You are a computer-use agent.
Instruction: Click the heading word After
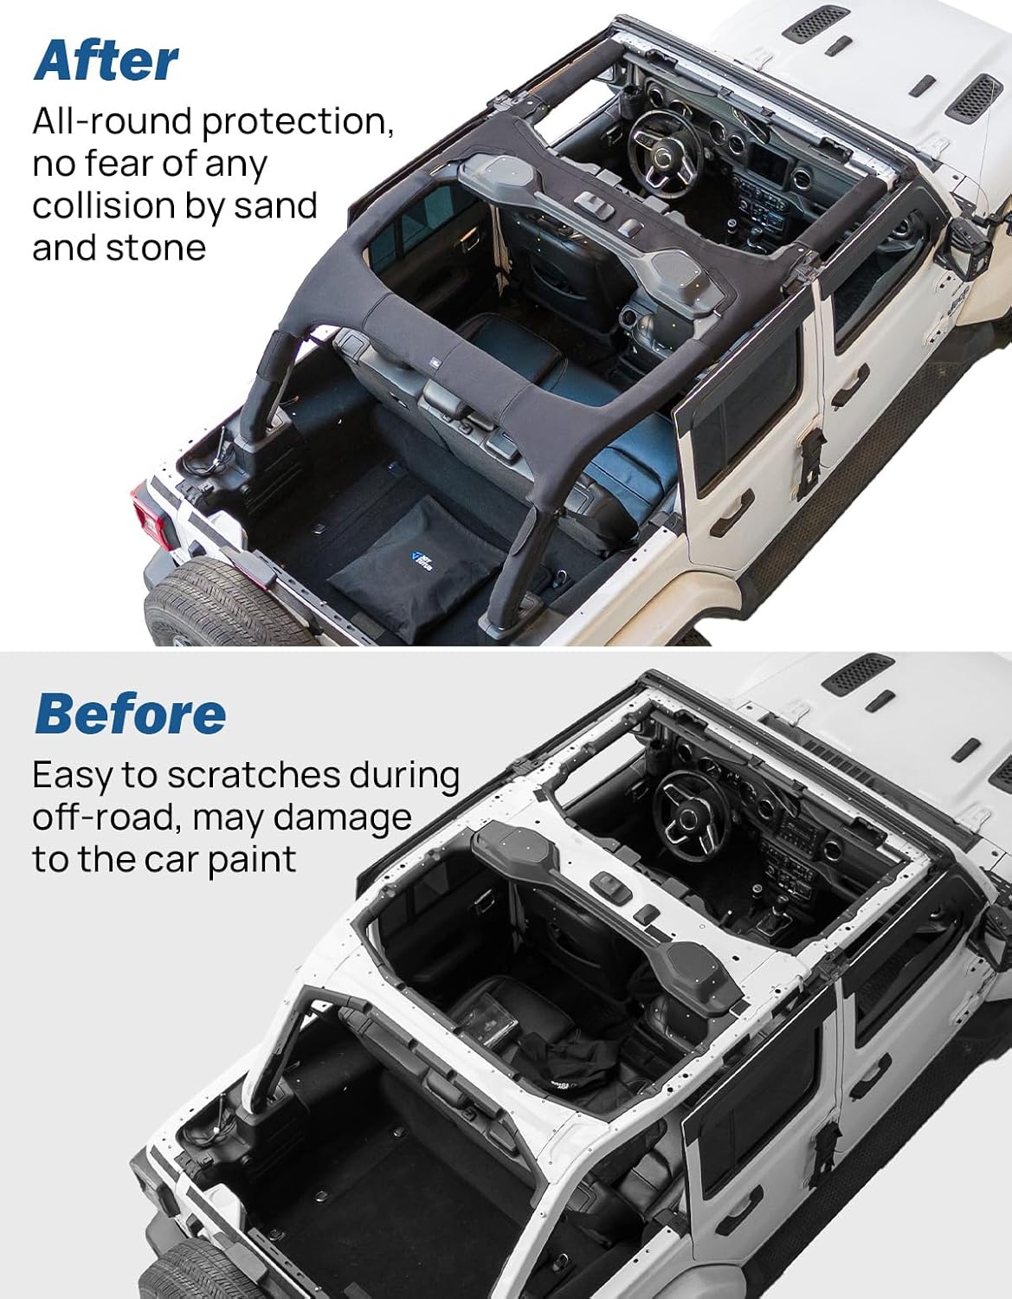pyautogui.click(x=106, y=61)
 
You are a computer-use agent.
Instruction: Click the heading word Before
pyautogui.click(x=130, y=714)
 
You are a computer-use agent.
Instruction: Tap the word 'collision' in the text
pyautogui.click(x=103, y=206)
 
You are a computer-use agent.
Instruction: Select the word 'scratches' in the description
pyautogui.click(x=252, y=776)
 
